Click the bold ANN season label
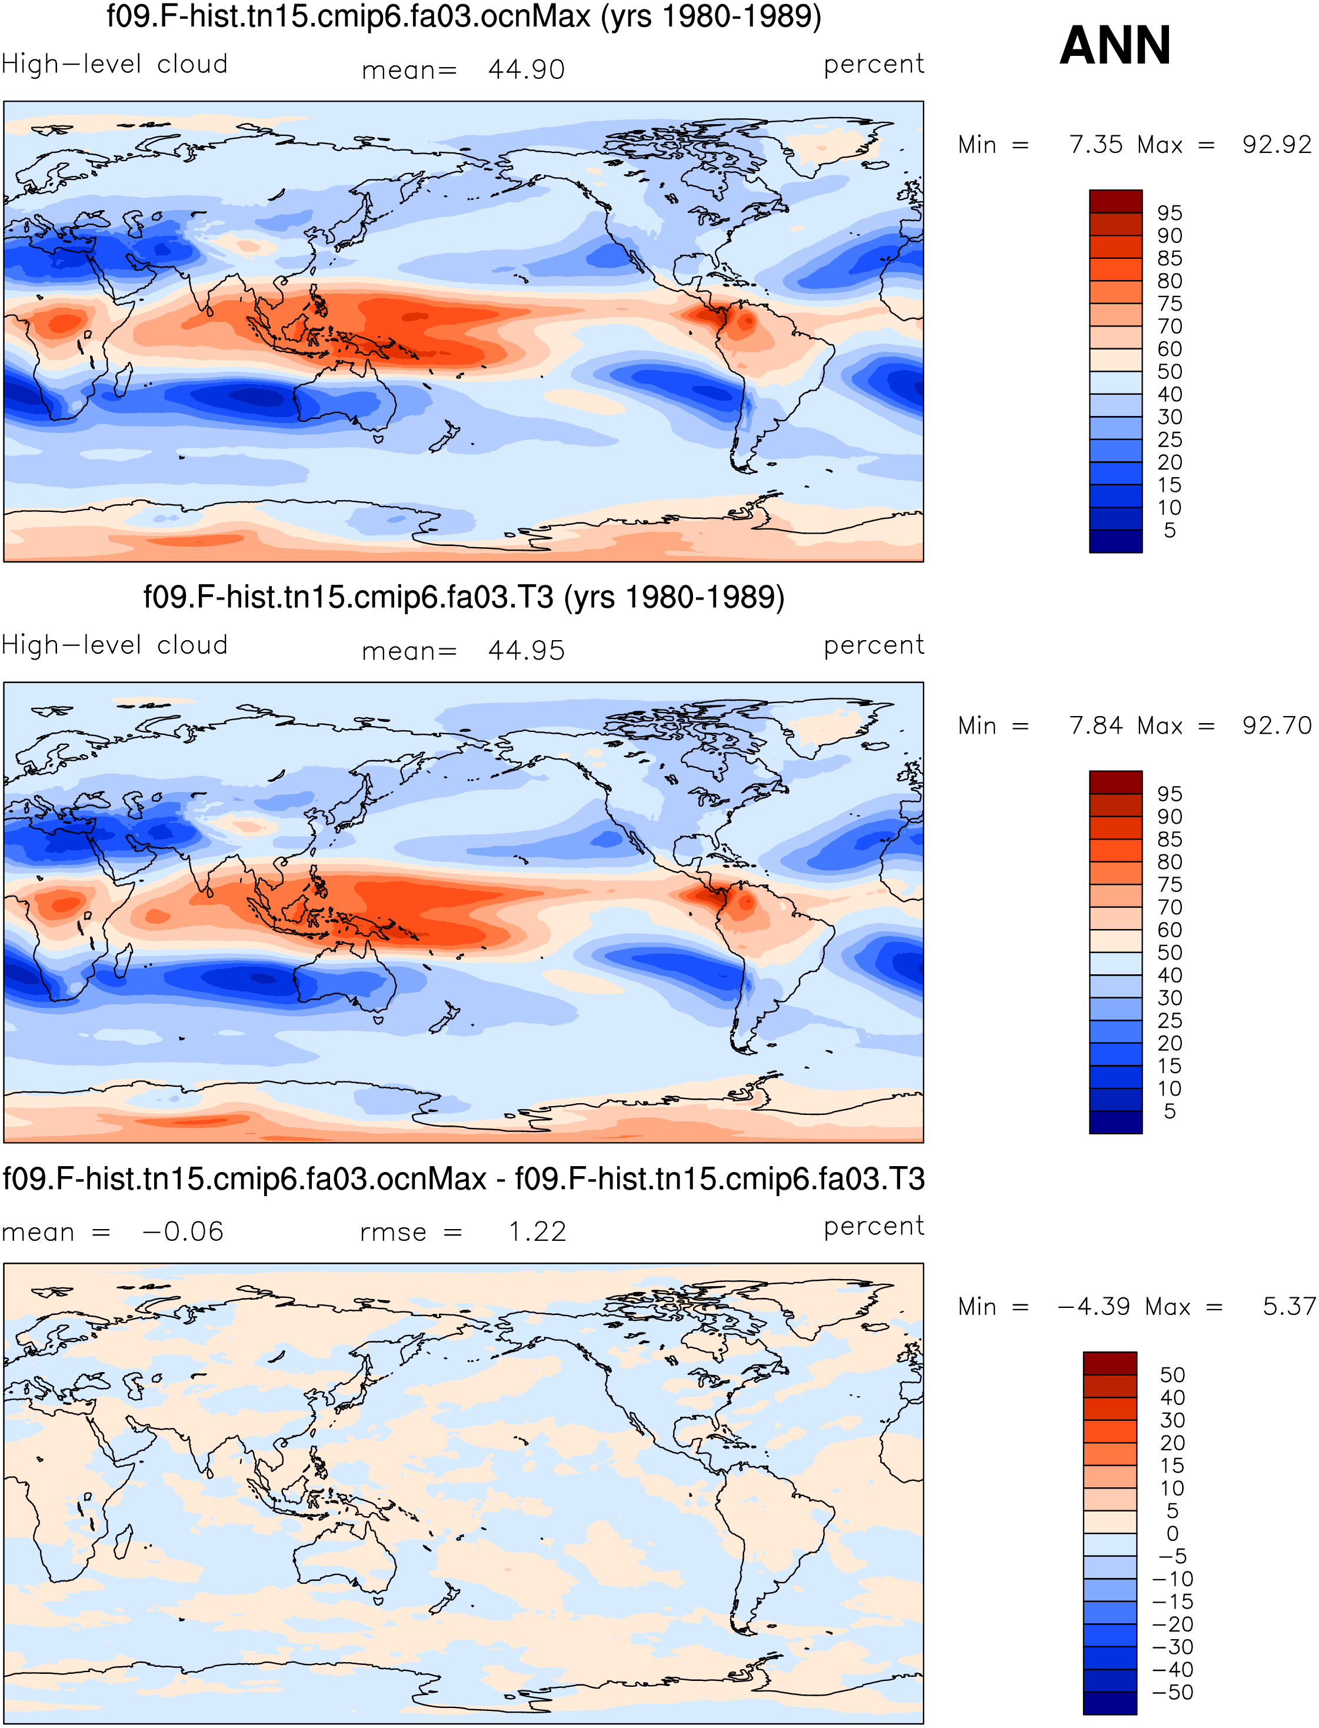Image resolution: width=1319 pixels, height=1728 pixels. coord(1115,45)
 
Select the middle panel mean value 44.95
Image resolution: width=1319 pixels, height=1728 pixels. coord(526,650)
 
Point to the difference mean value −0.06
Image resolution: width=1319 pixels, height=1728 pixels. coord(183,1231)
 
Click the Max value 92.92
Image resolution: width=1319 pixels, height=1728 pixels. coord(1277,145)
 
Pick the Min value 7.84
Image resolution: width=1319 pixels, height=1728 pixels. coord(1096,725)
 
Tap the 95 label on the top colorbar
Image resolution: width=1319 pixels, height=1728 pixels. coord(1169,213)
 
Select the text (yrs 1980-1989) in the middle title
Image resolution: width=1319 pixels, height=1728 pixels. coord(674,597)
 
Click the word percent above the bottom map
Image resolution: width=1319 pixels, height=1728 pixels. coord(874,1226)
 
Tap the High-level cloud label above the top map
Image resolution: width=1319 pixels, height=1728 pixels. coord(115,64)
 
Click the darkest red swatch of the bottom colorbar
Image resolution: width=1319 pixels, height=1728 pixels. coord(1110,1363)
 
